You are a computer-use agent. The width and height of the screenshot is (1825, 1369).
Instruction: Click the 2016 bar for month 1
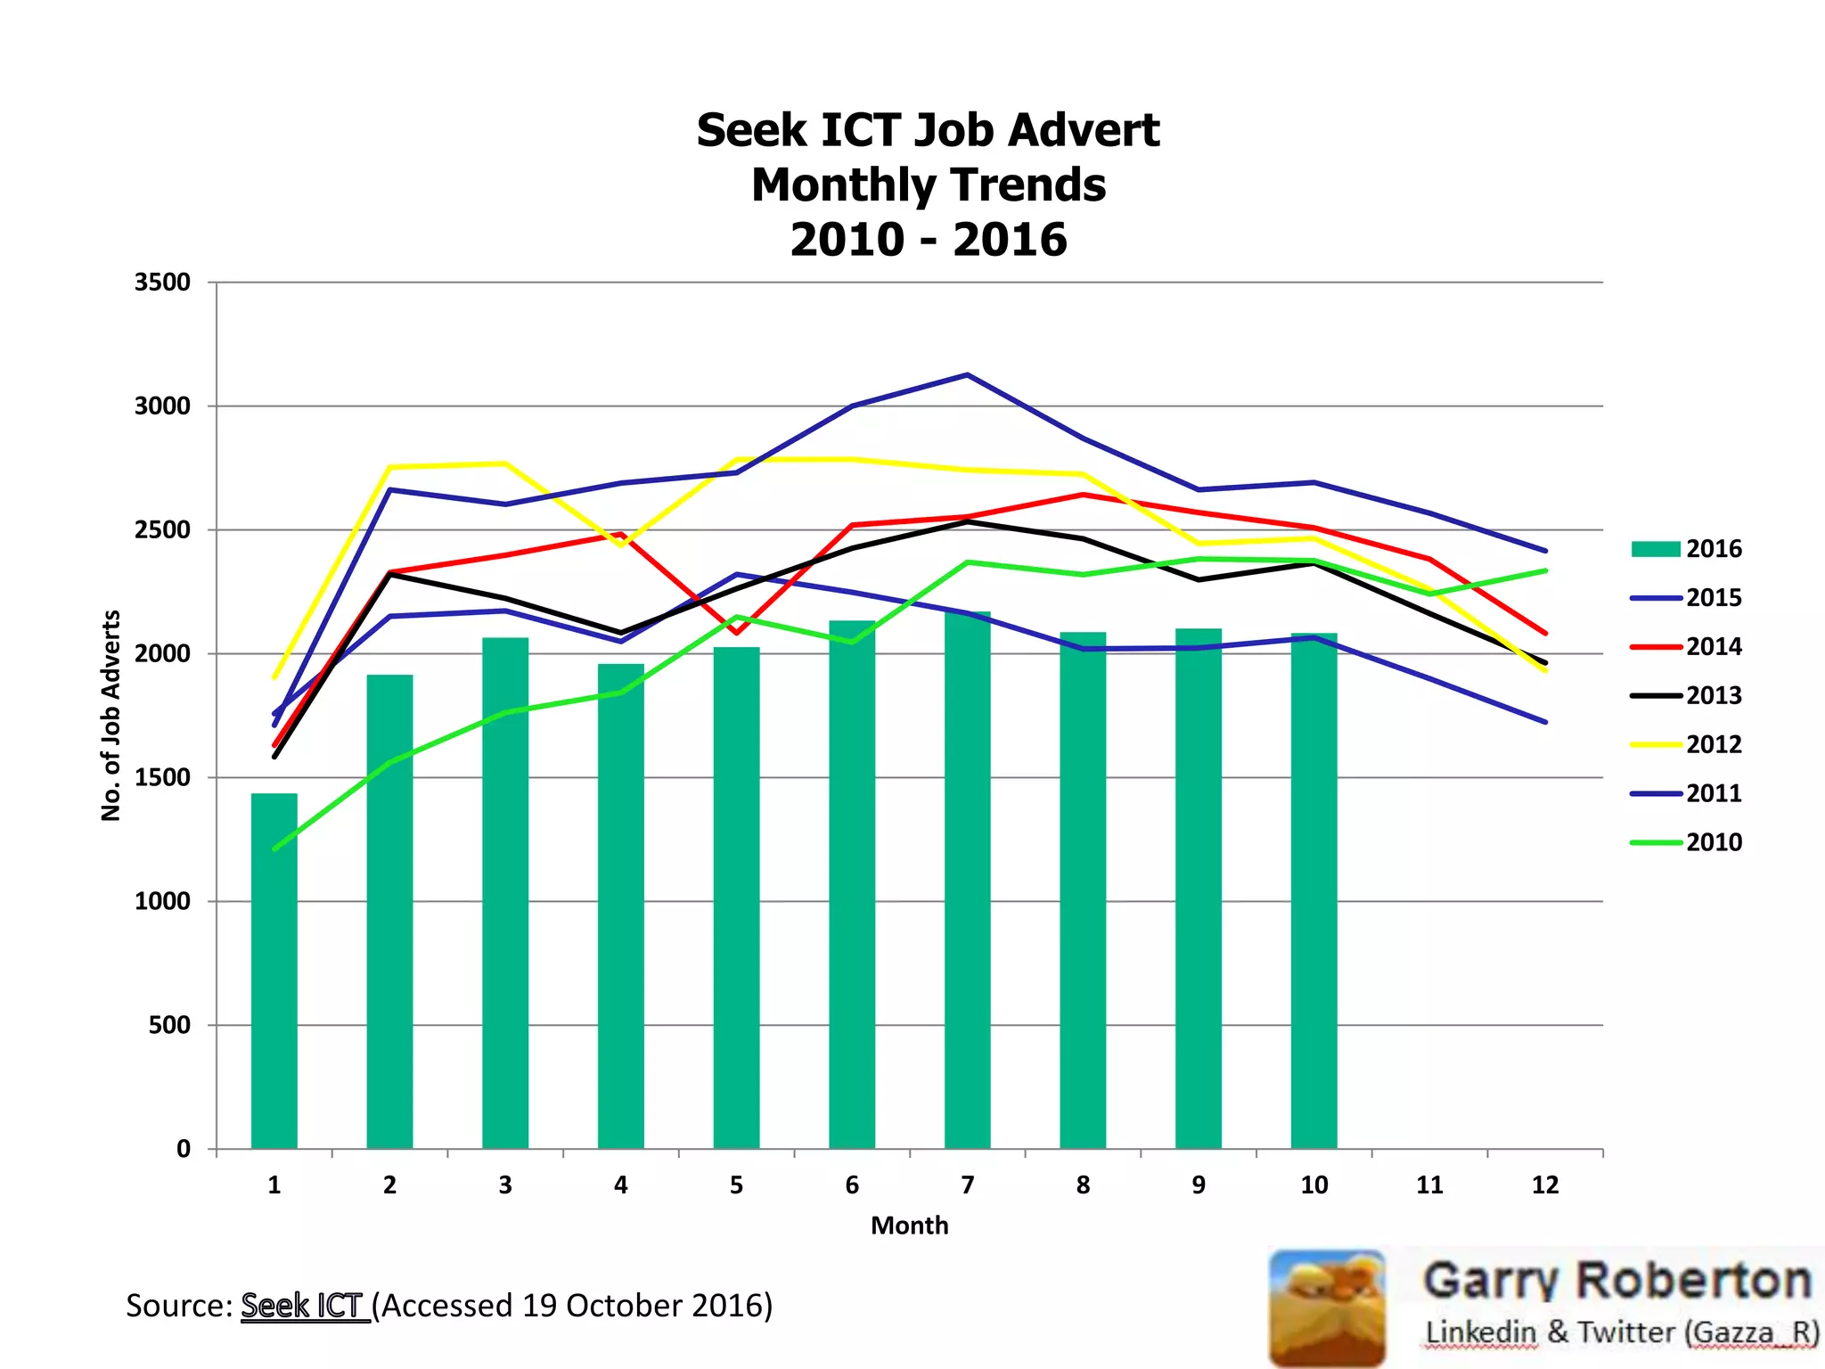274,971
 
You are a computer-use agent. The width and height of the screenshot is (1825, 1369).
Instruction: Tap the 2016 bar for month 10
1314,890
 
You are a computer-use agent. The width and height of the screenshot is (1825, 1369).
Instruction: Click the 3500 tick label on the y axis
162,283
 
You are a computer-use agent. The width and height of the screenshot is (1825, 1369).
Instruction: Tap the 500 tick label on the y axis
169,1025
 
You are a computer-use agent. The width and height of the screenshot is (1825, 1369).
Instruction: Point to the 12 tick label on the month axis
1545,1185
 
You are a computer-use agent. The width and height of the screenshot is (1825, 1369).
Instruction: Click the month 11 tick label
1429,1185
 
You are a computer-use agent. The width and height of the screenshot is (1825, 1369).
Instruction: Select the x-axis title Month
909,1226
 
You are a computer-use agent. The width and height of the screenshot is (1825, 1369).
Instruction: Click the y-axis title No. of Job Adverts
110,715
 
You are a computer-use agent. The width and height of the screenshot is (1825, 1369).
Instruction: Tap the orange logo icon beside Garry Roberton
1327,1308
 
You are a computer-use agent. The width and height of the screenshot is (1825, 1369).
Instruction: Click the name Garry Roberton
1617,1281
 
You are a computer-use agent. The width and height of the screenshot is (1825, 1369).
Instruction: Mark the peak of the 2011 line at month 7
968,374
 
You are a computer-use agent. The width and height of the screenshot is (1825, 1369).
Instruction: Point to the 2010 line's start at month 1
274,848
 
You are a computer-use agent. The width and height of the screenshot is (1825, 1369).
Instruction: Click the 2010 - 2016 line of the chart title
928,240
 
